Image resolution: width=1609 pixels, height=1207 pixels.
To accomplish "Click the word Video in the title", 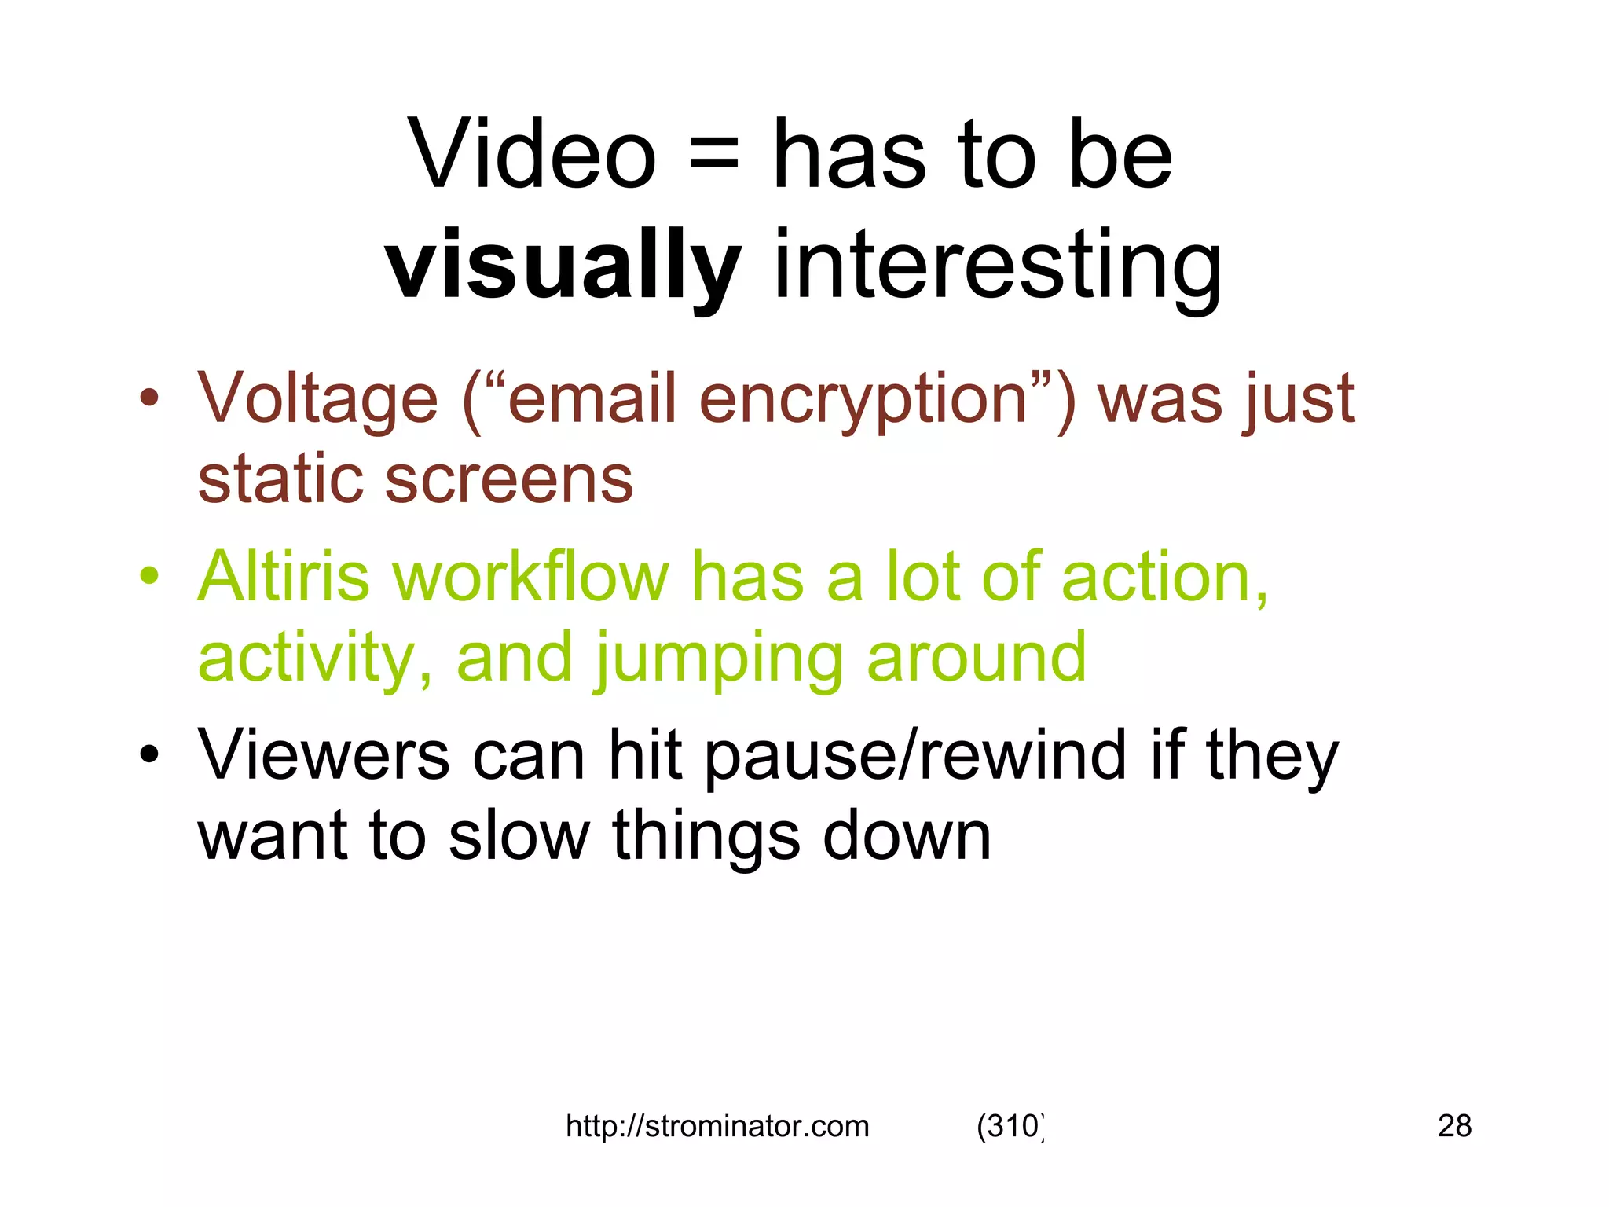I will [x=532, y=155].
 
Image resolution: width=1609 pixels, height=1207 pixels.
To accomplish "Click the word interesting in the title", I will [x=998, y=266].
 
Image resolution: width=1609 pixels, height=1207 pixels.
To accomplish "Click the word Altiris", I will [x=284, y=577].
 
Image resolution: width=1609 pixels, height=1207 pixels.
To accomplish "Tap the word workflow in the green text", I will [x=531, y=577].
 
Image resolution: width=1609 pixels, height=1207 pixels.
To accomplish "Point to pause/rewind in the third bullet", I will [x=915, y=757].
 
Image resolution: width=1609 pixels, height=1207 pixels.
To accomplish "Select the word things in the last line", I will [x=706, y=838].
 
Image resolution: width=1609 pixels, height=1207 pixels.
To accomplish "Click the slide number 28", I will [x=1454, y=1126].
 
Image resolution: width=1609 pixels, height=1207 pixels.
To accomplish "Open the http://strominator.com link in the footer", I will [x=717, y=1126].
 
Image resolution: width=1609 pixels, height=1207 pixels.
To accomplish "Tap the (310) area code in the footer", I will [x=1010, y=1126].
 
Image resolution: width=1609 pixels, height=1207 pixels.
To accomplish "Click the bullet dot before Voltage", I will [x=148, y=398].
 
